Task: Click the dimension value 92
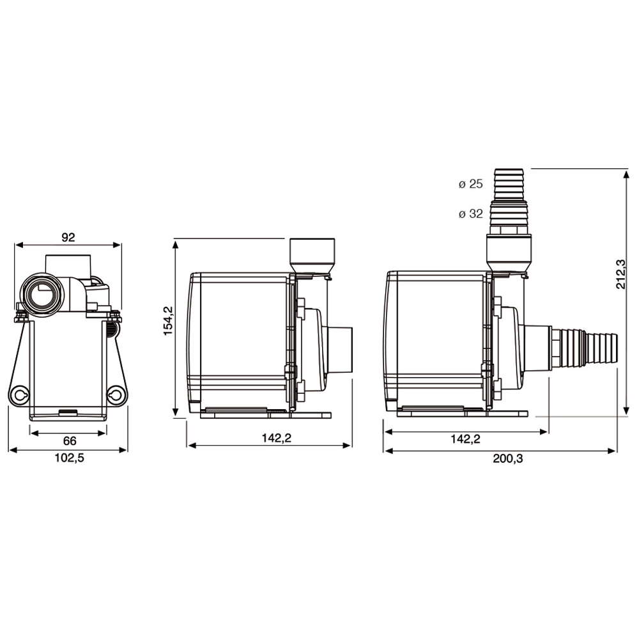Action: (x=68, y=237)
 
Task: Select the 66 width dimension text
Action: (x=70, y=441)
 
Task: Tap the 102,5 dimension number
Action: (x=70, y=458)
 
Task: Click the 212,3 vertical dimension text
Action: (x=620, y=274)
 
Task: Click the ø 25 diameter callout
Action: (x=470, y=185)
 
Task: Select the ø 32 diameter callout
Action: (x=470, y=214)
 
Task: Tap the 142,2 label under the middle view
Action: (x=269, y=439)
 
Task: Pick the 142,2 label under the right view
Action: (x=465, y=439)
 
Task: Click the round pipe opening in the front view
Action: (x=42, y=295)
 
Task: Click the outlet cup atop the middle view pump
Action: (x=312, y=254)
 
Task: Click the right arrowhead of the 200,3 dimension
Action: (x=615, y=451)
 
